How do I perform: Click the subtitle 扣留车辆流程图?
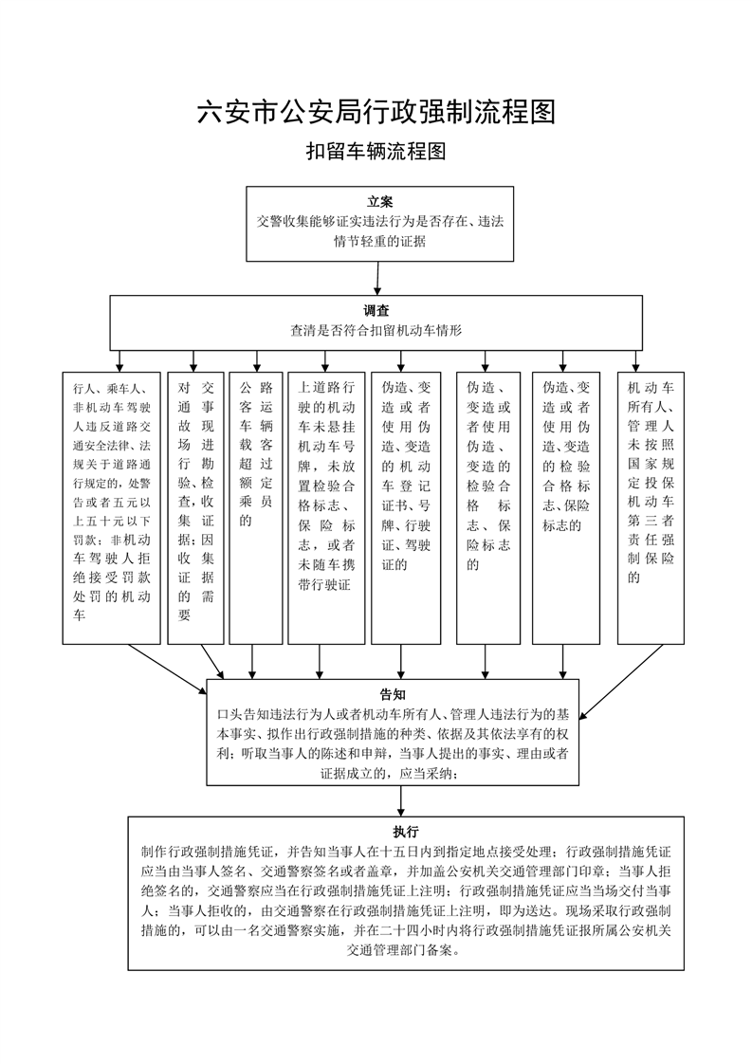(x=376, y=151)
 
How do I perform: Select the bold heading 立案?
(x=379, y=202)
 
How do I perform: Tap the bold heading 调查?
(x=376, y=311)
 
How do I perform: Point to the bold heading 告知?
(x=393, y=694)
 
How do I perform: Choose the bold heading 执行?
(x=406, y=832)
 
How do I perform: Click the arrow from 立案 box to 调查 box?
(x=377, y=278)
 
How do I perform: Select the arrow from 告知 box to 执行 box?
(x=401, y=801)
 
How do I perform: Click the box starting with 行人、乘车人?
(x=111, y=508)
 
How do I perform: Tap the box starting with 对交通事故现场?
(x=195, y=508)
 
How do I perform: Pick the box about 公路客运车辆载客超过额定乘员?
(x=256, y=508)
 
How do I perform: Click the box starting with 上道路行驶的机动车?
(x=326, y=508)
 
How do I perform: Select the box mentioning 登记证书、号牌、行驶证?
(x=406, y=508)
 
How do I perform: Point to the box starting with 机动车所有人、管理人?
(x=651, y=508)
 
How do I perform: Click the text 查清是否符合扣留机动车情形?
(x=376, y=330)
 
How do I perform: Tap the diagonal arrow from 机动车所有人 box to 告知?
(x=621, y=681)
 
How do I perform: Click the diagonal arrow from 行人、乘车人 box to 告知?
(x=168, y=670)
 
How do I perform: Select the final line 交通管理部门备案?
(x=406, y=950)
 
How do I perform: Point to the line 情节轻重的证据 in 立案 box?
(x=379, y=241)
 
